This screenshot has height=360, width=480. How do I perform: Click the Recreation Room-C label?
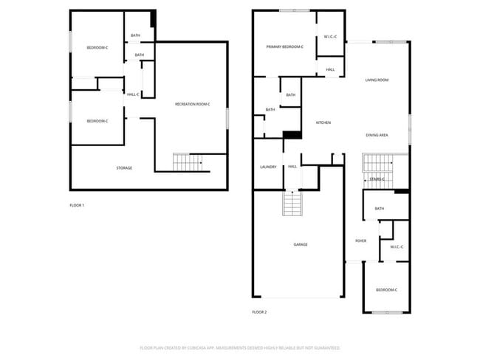tap(192, 104)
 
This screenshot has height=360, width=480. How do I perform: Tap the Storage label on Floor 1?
tap(124, 168)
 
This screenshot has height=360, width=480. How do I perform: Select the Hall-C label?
tap(133, 94)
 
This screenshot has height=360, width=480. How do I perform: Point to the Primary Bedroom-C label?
tap(284, 47)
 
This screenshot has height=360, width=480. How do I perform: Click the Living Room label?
tap(377, 80)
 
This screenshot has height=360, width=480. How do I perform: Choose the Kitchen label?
tap(323, 122)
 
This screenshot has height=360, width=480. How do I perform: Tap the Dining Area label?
tap(377, 135)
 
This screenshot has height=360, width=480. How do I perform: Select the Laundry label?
tap(268, 167)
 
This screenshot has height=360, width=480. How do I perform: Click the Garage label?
tap(301, 244)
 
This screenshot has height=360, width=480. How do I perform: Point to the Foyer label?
tap(361, 240)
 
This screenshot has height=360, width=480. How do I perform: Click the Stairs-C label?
tap(377, 179)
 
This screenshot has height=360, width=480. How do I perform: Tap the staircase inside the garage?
tap(292, 203)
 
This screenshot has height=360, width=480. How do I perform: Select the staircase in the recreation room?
tap(187, 162)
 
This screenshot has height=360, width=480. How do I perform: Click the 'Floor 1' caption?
tap(77, 204)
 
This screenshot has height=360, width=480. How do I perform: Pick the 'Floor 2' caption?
tap(259, 312)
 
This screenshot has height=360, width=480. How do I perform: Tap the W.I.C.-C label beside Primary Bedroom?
tap(330, 37)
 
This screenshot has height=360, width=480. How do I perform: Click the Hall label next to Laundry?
tap(292, 167)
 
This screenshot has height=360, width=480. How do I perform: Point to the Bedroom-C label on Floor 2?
tap(386, 290)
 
